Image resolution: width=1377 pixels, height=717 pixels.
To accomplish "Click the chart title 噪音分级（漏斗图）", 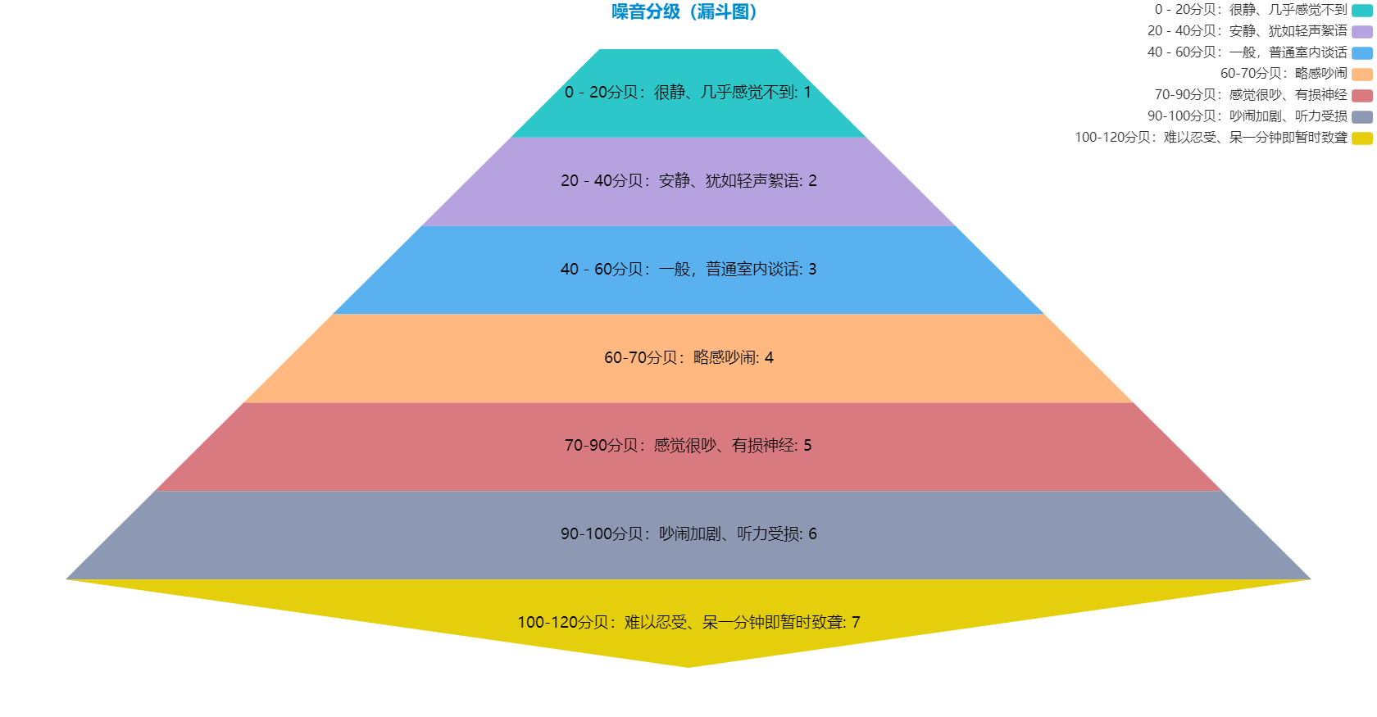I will pyautogui.click(x=684, y=11).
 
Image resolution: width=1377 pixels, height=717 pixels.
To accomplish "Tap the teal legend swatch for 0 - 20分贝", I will pyautogui.click(x=1361, y=11).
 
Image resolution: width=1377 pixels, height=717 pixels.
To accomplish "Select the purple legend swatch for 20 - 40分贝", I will pyautogui.click(x=1361, y=32).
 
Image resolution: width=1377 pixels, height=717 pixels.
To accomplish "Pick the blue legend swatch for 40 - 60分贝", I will pyautogui.click(x=1361, y=53).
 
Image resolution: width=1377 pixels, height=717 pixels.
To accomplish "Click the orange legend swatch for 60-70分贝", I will pyautogui.click(x=1361, y=75).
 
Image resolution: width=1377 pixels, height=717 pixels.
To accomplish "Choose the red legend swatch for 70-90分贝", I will pyautogui.click(x=1361, y=96).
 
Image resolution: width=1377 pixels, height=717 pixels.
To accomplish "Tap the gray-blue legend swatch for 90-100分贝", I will pyautogui.click(x=1361, y=117).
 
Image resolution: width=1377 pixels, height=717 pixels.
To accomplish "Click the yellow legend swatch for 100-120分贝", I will pyautogui.click(x=1361, y=138).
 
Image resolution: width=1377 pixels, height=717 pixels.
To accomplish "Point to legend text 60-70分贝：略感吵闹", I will pyautogui.click(x=1284, y=74).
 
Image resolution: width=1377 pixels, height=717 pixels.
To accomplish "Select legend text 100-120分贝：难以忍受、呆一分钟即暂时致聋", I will pyautogui.click(x=1211, y=138).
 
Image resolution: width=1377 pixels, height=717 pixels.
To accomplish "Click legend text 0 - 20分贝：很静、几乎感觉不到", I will pyautogui.click(x=1251, y=10).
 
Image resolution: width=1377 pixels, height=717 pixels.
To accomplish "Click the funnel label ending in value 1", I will pyautogui.click(x=688, y=93).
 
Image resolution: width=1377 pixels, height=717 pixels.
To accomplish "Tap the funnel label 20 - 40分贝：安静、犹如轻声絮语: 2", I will pyautogui.click(x=688, y=181).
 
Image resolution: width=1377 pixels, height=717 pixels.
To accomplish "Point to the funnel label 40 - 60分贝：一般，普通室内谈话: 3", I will pyautogui.click(x=688, y=270).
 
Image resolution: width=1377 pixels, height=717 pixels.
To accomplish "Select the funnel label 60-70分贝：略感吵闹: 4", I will pyautogui.click(x=688, y=358).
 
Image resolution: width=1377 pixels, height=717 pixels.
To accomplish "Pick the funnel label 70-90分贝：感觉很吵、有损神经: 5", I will pyautogui.click(x=688, y=446).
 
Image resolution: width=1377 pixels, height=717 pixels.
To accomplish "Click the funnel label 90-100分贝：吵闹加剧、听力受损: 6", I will pyautogui.click(x=688, y=534).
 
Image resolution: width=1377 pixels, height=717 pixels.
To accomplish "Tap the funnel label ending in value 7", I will pyautogui.click(x=688, y=623).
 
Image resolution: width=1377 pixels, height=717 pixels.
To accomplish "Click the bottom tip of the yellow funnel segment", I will pyautogui.click(x=688, y=665).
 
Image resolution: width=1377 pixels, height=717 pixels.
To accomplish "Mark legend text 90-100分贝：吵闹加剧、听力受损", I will pyautogui.click(x=1247, y=116).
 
